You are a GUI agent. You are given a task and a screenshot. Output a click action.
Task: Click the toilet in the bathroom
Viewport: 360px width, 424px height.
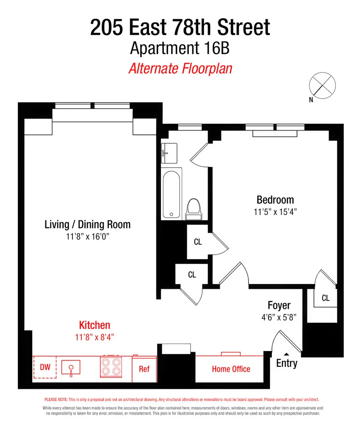[x=194, y=209]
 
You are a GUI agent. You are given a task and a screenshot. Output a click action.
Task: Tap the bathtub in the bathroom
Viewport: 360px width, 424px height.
[x=172, y=195]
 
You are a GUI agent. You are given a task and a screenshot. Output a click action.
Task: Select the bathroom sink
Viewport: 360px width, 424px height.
[x=169, y=153]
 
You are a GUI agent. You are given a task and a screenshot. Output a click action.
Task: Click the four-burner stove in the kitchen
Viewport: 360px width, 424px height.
[x=111, y=366]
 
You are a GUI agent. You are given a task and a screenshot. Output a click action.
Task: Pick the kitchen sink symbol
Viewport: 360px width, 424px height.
[x=71, y=368]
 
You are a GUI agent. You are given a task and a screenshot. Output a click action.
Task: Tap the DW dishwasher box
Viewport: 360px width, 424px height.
[x=45, y=367]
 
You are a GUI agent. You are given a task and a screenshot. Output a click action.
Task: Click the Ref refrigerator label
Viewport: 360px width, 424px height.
[x=144, y=369]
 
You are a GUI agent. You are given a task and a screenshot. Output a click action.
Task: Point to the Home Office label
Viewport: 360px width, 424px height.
[x=231, y=369]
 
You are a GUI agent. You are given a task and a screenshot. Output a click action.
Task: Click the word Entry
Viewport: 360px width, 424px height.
[x=287, y=363]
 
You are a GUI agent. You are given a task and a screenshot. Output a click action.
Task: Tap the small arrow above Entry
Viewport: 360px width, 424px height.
[x=287, y=354]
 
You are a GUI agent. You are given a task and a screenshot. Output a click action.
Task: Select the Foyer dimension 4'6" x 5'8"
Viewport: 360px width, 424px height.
[x=279, y=317]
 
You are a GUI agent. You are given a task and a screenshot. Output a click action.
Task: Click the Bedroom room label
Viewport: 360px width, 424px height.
[x=275, y=200]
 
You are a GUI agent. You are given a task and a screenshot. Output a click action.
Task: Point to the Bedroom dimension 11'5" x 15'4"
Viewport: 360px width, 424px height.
[x=275, y=212]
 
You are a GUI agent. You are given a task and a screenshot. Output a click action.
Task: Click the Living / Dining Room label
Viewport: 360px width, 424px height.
[x=88, y=224]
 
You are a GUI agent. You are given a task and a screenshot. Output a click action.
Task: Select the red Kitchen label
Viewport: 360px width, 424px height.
[x=94, y=325]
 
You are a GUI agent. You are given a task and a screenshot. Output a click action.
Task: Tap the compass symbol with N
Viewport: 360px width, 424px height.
[x=322, y=86]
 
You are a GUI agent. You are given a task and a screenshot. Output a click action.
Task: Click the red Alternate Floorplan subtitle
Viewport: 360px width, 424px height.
[x=180, y=68]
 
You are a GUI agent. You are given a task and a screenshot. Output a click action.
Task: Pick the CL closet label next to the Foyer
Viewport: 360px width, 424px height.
[x=326, y=298]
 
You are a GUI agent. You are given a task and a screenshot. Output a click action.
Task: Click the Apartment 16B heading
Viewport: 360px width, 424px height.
[x=180, y=48]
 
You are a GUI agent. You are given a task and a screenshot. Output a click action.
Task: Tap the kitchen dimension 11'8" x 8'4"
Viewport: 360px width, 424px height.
[x=94, y=337]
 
